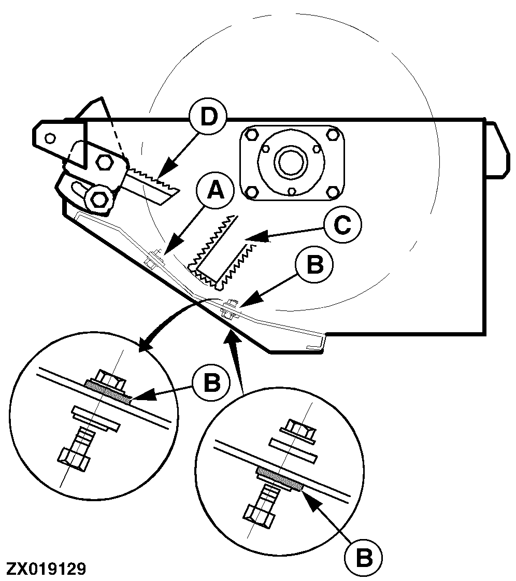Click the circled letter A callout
[216, 192]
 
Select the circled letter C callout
[342, 225]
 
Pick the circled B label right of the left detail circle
[211, 383]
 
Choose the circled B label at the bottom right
[363, 557]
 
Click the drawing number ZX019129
[47, 569]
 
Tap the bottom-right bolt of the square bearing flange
[333, 193]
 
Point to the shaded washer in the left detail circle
[108, 391]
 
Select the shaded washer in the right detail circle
[280, 478]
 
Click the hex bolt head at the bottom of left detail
[74, 460]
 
